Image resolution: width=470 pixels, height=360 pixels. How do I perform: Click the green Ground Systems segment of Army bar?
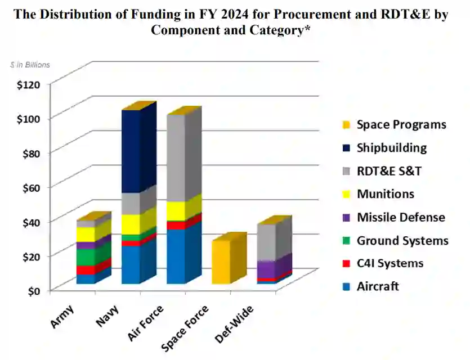click(x=86, y=256)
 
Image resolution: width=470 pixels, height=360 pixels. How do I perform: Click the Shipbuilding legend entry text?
click(x=392, y=148)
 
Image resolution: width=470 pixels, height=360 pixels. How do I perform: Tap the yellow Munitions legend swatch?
click(x=345, y=195)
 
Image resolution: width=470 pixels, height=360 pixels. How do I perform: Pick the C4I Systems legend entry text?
click(x=390, y=263)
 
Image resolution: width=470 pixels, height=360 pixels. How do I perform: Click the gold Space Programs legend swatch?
click(x=345, y=125)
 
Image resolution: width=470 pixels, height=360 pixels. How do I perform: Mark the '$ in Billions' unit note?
click(x=30, y=65)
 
